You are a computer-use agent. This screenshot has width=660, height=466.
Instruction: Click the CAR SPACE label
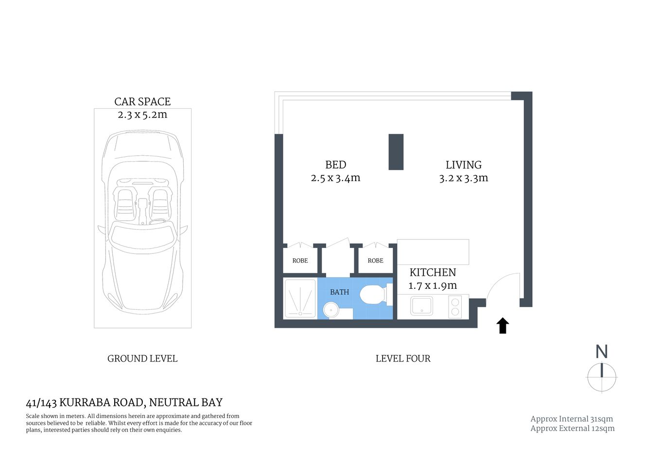click(x=142, y=101)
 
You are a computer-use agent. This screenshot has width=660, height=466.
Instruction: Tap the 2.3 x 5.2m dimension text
click(x=142, y=115)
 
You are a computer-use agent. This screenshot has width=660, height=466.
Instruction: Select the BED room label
click(x=335, y=165)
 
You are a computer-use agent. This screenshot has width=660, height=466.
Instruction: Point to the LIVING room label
click(x=463, y=165)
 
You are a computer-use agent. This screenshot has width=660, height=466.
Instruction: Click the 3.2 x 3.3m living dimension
click(x=463, y=178)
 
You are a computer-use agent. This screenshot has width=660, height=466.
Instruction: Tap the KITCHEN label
click(x=433, y=272)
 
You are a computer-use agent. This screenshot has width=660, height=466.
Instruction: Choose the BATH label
click(x=339, y=292)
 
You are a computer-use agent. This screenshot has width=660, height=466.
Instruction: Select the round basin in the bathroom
click(x=331, y=309)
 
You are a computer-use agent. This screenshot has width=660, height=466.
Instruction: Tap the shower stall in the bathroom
click(x=300, y=299)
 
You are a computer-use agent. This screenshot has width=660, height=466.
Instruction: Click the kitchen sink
click(x=421, y=306)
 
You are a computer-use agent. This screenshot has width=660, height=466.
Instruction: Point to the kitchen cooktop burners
click(x=455, y=306)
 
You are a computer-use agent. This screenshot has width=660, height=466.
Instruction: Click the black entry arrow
click(x=503, y=326)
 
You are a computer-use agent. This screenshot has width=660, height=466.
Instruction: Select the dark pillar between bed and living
click(x=396, y=152)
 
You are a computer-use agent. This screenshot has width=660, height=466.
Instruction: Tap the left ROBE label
click(x=300, y=261)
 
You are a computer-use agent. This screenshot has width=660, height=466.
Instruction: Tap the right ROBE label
click(x=375, y=261)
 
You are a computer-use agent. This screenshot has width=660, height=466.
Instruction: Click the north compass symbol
click(x=602, y=376)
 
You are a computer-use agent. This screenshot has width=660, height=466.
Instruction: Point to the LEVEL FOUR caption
click(x=403, y=359)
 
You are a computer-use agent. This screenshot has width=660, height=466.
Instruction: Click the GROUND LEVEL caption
click(x=142, y=359)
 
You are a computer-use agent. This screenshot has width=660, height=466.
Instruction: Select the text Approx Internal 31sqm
click(x=572, y=419)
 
